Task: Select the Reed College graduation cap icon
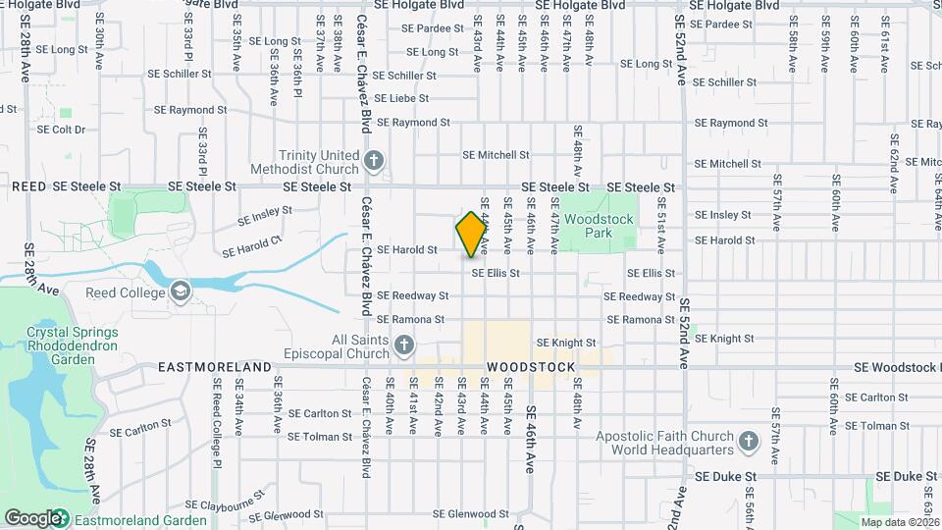click(181, 291)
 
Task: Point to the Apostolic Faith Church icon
click(749, 439)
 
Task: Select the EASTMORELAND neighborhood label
click(215, 367)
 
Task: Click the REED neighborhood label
click(28, 185)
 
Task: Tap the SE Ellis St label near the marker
click(495, 273)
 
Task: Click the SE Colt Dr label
click(62, 129)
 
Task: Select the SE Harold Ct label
click(251, 245)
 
